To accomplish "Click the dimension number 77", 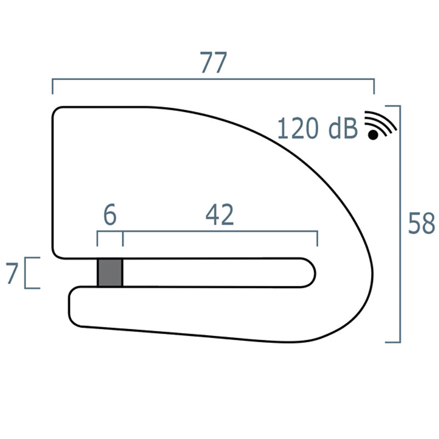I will coord(213,64).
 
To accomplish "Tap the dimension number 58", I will coord(421,224).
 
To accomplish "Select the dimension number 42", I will coord(219,216).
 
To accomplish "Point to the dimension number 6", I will coord(110,216).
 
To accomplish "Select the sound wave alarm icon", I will coord(380,126).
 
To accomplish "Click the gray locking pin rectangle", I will coord(110,272).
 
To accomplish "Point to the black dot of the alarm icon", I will coord(374,134).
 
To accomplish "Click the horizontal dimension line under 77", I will coord(213,80).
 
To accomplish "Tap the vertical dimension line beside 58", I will coord(401,224).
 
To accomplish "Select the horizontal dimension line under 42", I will coord(219,233).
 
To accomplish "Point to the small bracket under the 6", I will coord(110,233).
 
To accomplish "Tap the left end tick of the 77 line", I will coord(53,87).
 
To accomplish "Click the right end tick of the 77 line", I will coord(374,87).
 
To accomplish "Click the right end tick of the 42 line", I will coord(318,239).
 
